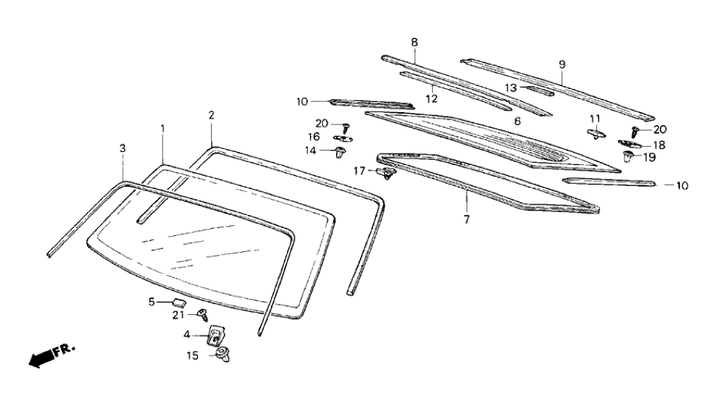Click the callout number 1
163,128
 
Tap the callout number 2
211,115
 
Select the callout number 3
123,148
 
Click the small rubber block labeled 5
178,301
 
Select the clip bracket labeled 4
215,335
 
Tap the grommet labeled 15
221,355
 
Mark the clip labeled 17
387,173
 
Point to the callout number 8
414,42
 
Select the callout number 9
562,64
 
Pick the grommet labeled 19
627,156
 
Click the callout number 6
517,121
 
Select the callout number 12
432,98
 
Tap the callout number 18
658,145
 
